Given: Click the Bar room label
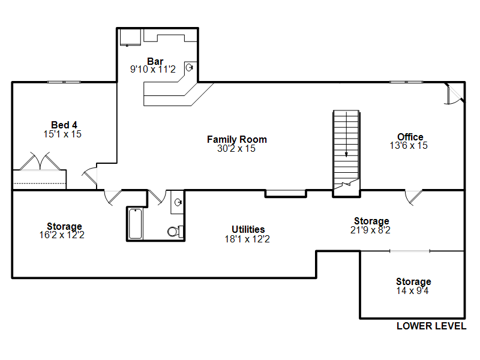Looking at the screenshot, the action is point(155,61).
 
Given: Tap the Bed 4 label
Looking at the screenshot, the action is point(64,125).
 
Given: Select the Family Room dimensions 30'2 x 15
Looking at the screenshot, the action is point(236,148).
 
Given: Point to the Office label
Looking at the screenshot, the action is point(410,137).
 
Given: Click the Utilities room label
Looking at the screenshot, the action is point(248,229).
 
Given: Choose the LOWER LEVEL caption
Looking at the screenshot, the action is point(431,326).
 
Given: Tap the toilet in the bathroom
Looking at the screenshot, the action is point(175,231).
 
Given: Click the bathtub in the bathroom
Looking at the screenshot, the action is point(136,223).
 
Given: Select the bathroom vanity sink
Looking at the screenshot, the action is point(178,202).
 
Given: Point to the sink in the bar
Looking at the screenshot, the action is point(190,67).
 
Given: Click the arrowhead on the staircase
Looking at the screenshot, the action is point(346,155).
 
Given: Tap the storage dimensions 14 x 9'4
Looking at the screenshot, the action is point(412,290).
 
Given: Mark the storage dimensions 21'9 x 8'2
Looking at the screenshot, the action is point(370,230).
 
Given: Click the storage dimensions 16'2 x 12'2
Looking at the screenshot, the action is point(62,235).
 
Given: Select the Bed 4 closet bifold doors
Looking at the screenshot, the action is point(40,161).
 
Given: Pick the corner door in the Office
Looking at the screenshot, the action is point(455,94).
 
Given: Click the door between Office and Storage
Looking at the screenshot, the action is point(413,197).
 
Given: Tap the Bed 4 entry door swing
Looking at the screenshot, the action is point(89,176).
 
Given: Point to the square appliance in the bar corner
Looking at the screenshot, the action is point(130,37).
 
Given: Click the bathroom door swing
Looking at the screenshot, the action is point(157,197).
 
